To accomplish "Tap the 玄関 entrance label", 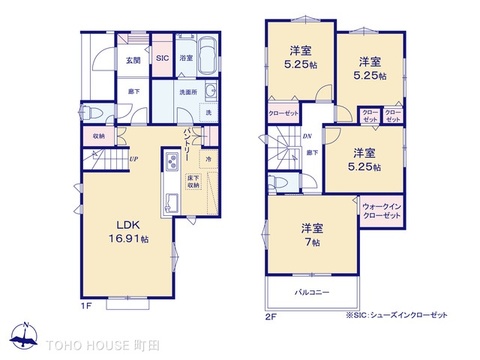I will pyautogui.click(x=131, y=60).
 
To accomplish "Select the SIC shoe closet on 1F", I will pyautogui.click(x=162, y=60).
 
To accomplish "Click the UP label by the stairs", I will pyautogui.click(x=132, y=158).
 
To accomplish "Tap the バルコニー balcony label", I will pyautogui.click(x=313, y=292).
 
